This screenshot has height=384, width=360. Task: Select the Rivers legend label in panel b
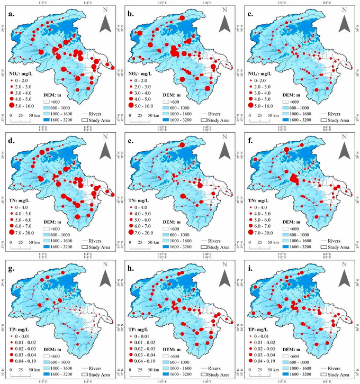(216, 114)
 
